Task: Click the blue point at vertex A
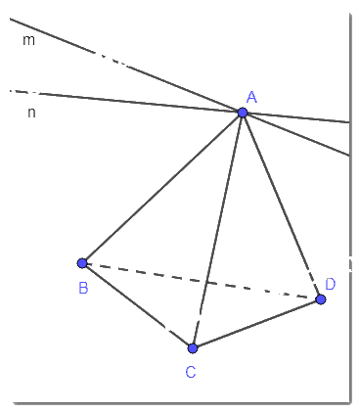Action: click(243, 113)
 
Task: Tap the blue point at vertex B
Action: click(82, 263)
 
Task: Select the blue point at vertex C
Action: click(193, 348)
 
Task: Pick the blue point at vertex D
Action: click(321, 299)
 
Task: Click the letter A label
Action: click(251, 97)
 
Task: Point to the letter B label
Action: click(83, 288)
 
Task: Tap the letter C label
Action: click(191, 372)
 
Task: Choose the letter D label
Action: click(330, 284)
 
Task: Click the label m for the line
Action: click(28, 40)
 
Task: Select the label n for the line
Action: click(31, 113)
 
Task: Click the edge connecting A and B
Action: click(162, 188)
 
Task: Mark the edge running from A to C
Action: click(217, 230)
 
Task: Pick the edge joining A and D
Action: click(282, 206)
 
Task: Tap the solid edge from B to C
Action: click(138, 305)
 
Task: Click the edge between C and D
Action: click(257, 324)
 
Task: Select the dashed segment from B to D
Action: click(202, 281)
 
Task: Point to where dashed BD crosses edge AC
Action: click(206, 282)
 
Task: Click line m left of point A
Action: click(126, 66)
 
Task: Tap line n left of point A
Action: click(126, 102)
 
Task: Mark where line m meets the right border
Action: click(349, 156)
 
